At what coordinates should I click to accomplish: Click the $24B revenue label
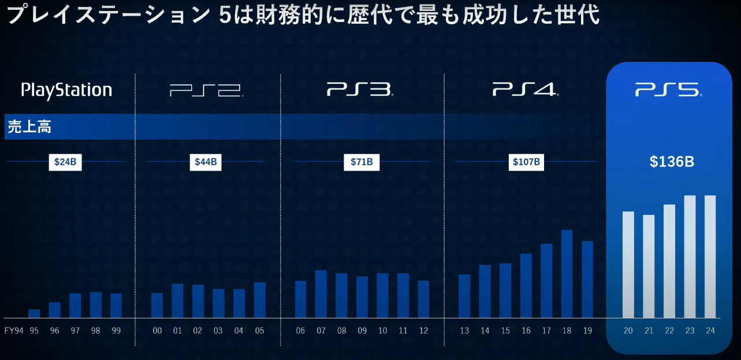tap(65, 162)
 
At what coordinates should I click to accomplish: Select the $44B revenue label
tap(206, 162)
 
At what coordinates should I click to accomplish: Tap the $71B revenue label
tap(362, 162)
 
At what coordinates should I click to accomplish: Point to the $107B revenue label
tap(526, 162)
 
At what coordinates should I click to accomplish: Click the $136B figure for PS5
tap(672, 162)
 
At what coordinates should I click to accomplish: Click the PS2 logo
tap(206, 90)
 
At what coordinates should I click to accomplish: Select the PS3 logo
tap(359, 90)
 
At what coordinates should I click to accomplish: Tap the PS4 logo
tap(525, 90)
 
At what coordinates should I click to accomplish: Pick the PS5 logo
tap(668, 90)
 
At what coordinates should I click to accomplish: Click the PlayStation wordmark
tap(66, 90)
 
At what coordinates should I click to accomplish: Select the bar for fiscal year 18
tap(567, 274)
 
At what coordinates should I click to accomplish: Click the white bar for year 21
tap(649, 266)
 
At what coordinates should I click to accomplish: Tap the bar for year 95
tap(34, 313)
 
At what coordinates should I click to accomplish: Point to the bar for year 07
tap(321, 294)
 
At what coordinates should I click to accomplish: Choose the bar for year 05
tap(260, 300)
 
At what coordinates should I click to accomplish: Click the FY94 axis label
tap(14, 331)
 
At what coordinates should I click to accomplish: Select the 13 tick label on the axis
tap(464, 331)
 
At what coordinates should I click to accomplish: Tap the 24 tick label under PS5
tap(710, 331)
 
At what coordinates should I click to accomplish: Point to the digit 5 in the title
tap(226, 15)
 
